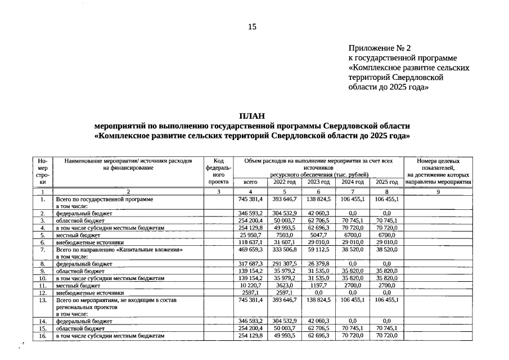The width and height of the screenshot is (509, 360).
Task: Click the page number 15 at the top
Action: click(253, 26)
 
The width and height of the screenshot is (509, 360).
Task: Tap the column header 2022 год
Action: click(284, 182)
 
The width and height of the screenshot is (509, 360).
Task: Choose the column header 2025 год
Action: click(386, 182)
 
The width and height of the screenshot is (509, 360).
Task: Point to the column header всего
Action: click(250, 182)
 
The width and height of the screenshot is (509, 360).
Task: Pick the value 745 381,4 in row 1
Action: click(250, 199)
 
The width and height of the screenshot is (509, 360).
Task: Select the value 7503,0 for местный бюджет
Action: click(284, 235)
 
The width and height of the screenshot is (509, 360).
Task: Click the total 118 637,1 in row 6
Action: click(250, 242)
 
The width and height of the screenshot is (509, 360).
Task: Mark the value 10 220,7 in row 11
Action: click(250, 285)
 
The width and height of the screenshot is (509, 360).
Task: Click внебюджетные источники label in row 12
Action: click(89, 292)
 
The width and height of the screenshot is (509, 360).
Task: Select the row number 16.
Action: click(42, 336)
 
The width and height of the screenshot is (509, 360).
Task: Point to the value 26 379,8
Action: click(318, 263)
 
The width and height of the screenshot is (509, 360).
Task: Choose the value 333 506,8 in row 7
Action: click(284, 249)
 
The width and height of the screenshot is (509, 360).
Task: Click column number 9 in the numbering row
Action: click(438, 192)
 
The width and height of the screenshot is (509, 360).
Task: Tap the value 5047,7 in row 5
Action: click(318, 235)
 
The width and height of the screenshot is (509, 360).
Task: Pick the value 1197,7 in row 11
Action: click(318, 285)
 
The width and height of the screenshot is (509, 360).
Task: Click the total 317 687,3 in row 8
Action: click(250, 263)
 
